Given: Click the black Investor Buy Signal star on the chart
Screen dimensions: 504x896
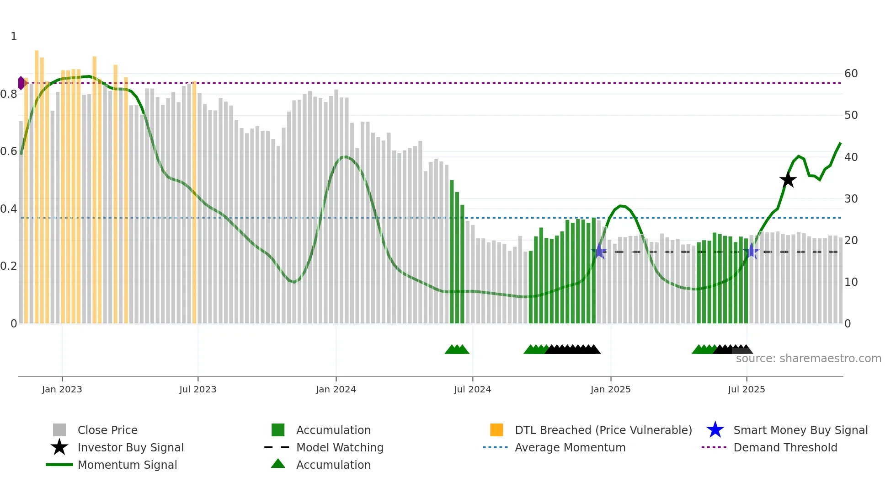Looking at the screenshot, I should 788,180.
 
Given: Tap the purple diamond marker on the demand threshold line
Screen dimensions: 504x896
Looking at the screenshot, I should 21,83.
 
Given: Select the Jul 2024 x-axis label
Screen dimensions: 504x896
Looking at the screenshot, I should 472,389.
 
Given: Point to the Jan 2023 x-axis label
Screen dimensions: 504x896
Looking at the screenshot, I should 62,389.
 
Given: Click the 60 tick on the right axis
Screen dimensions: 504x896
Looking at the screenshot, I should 851,74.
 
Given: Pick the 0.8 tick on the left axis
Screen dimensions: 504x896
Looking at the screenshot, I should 9,94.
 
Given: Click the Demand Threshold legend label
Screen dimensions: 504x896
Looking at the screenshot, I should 785,447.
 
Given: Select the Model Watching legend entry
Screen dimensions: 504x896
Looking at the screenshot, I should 339,447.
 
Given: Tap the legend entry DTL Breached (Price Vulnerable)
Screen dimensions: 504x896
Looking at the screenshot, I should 603,430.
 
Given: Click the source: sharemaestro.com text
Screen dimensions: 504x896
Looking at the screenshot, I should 808,359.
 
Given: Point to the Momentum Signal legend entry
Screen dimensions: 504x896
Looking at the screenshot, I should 127,465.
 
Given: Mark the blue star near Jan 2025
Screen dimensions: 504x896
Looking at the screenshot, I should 599,251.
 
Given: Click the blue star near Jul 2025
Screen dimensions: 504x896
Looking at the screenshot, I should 752,251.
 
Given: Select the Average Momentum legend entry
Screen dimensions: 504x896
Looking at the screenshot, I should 570,447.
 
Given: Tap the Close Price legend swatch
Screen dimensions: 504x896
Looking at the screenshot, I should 59,430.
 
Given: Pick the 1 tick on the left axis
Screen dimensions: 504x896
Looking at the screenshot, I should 14,37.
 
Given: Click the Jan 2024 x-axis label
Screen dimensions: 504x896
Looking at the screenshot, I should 336,389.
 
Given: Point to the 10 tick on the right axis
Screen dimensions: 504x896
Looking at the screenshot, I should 851,282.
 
